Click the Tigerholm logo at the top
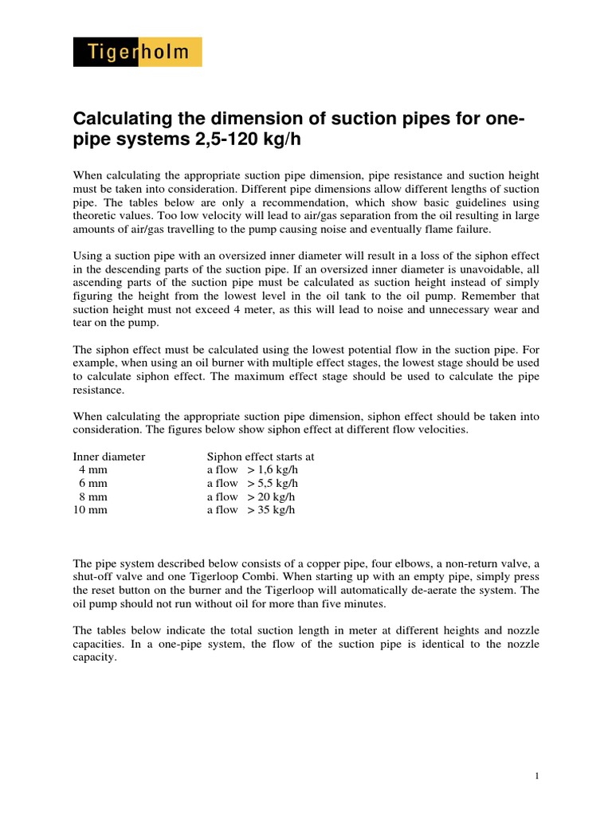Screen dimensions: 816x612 click(x=137, y=53)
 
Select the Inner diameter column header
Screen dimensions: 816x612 click(x=108, y=457)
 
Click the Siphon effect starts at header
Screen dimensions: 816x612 click(x=261, y=457)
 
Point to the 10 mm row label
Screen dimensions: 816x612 click(x=90, y=509)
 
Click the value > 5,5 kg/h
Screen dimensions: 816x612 click(x=273, y=483)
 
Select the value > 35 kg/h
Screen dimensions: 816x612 click(x=271, y=509)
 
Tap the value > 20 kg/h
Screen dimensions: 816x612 click(x=271, y=496)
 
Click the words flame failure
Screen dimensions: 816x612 click(x=462, y=229)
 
